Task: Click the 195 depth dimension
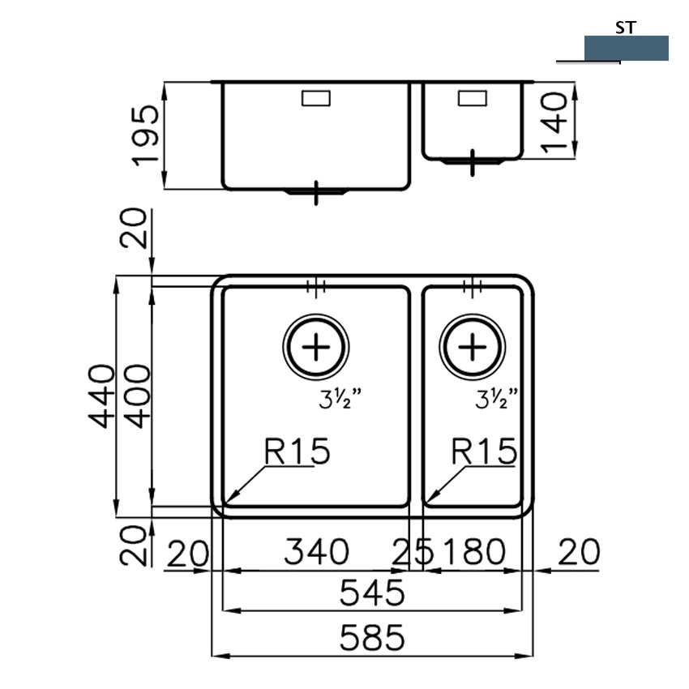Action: tap(146, 135)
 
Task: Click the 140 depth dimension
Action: tap(554, 122)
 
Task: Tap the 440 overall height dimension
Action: tap(101, 396)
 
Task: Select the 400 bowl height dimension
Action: tap(137, 396)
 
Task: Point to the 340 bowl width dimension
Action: tap(316, 551)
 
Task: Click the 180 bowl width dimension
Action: tap(474, 551)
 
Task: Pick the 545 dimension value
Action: tap(372, 593)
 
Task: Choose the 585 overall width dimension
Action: tap(372, 638)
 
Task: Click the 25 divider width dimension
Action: tap(413, 551)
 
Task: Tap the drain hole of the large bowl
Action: tap(316, 347)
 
